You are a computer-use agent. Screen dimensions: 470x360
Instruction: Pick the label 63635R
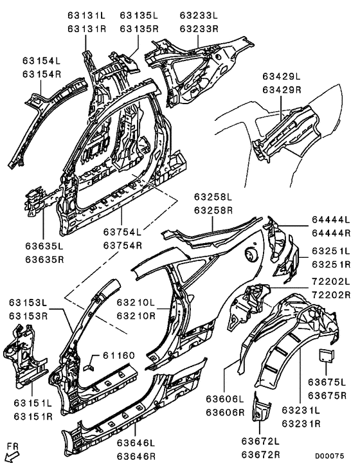44,260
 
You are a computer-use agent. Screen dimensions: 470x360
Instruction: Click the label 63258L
213,195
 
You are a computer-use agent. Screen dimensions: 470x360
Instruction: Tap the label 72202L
330,281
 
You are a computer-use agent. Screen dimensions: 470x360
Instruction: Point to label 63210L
135,302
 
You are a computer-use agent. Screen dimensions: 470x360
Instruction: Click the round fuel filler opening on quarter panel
248,256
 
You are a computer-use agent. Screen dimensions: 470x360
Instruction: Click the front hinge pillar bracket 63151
22,357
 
